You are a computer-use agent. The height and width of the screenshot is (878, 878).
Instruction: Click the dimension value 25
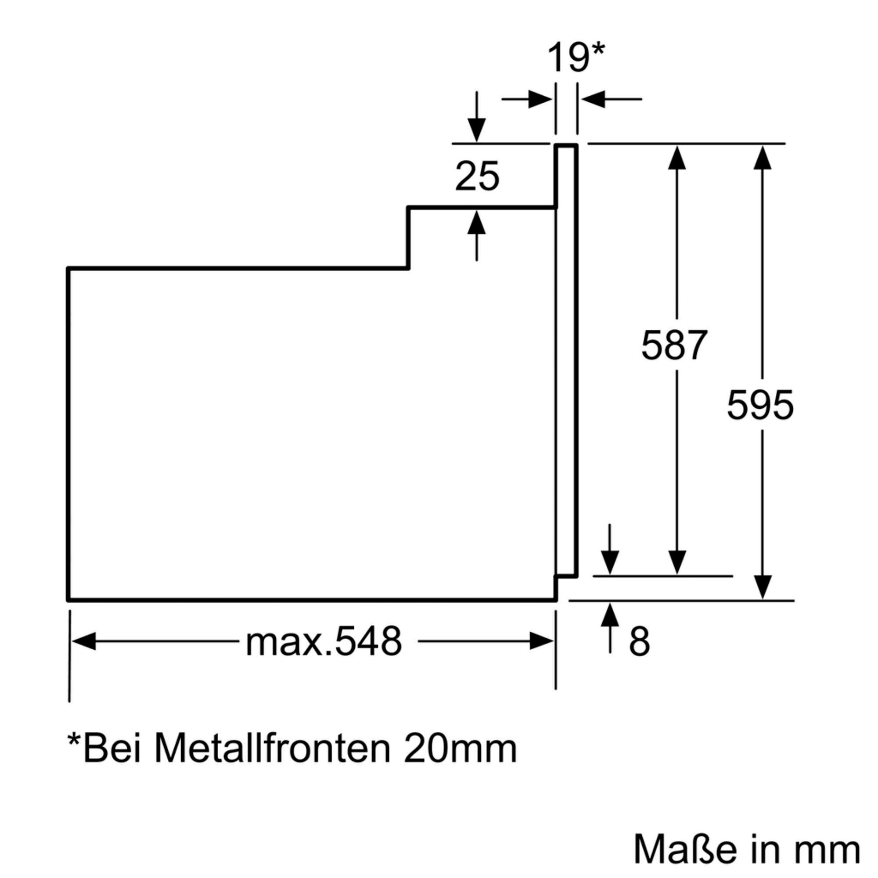pos(477,176)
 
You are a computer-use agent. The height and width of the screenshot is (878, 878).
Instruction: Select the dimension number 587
pos(674,345)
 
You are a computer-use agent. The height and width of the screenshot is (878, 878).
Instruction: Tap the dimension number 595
pos(760,405)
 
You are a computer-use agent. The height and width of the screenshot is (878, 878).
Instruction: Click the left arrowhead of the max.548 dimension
pos(84,641)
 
